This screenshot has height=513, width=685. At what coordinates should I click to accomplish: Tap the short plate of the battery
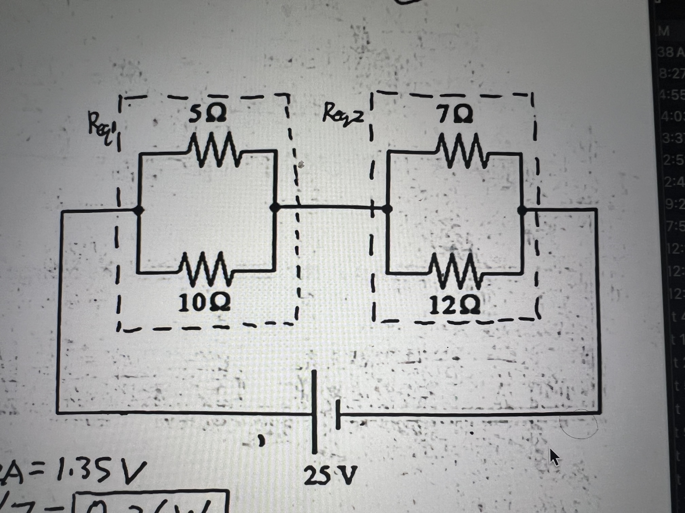338,414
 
